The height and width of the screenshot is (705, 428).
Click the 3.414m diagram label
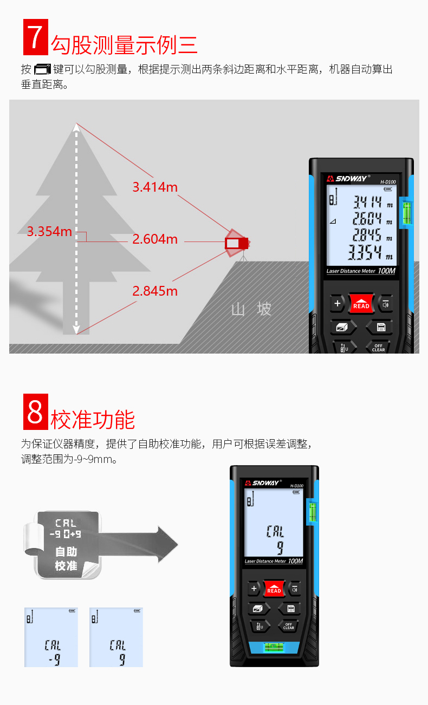pyautogui.click(x=155, y=187)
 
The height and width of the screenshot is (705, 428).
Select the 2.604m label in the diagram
pyautogui.click(x=155, y=239)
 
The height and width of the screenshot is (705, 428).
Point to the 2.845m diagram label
pyautogui.click(x=155, y=291)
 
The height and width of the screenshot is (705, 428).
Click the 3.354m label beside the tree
pyautogui.click(x=49, y=232)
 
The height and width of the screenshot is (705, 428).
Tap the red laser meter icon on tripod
pyautogui.click(x=236, y=243)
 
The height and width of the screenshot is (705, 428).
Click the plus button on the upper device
pyautogui.click(x=337, y=303)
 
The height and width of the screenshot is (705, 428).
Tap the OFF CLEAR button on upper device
pyautogui.click(x=378, y=347)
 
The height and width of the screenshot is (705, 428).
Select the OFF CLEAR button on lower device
pyautogui.click(x=288, y=626)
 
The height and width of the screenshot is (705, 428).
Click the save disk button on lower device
pyautogui.click(x=290, y=609)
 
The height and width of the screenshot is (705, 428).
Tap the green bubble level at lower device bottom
pyautogui.click(x=275, y=647)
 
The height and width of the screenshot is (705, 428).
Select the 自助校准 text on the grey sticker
pyautogui.click(x=66, y=559)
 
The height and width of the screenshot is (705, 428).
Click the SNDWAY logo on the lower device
pyautogui.click(x=262, y=482)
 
